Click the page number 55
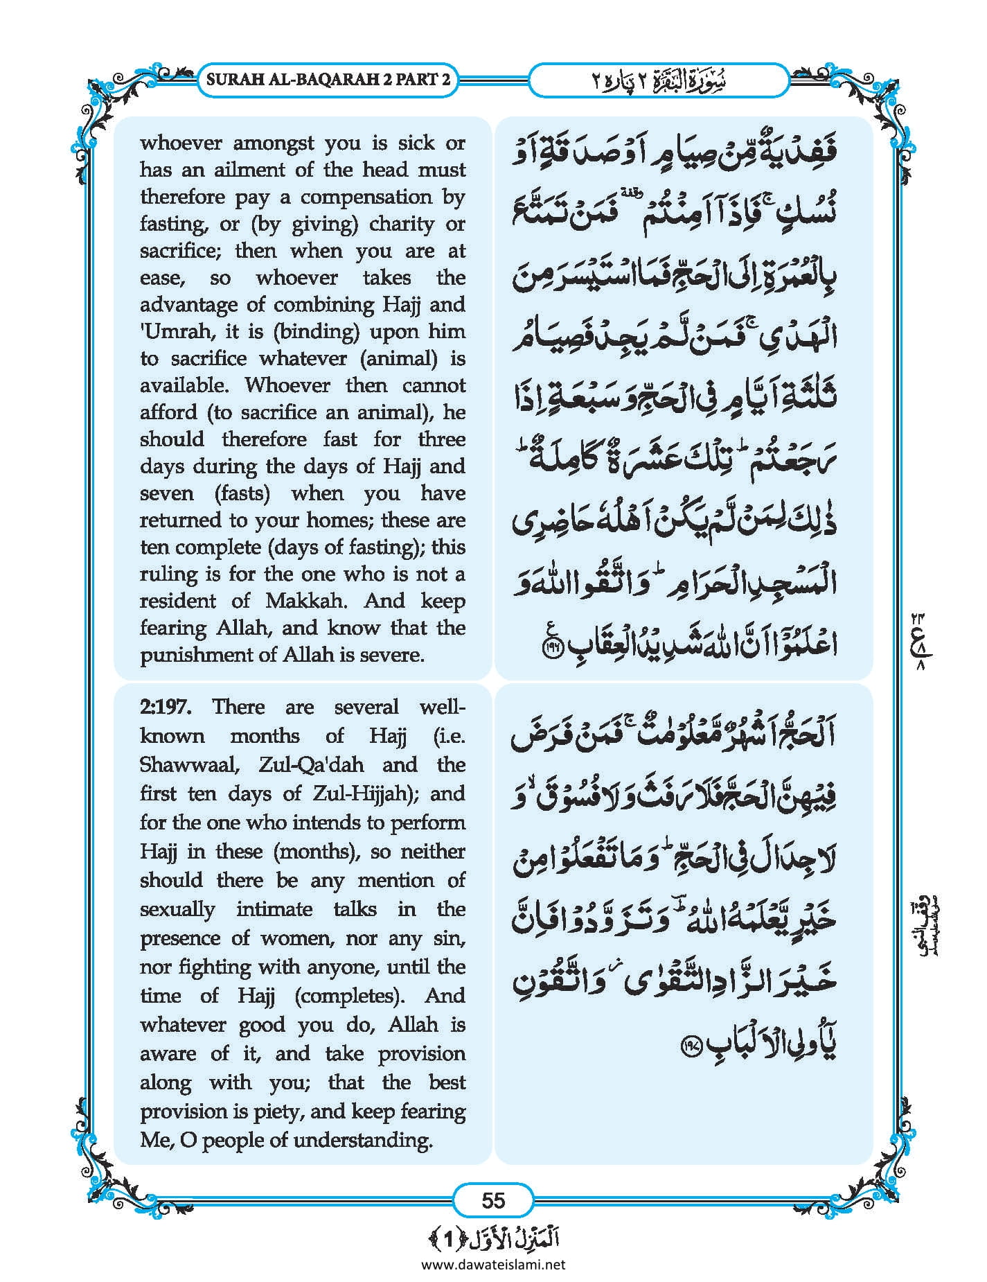coord(492,1200)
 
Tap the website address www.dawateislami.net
coord(493,1264)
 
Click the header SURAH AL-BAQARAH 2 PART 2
coord(328,79)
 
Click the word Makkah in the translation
coord(308,600)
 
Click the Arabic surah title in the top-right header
coord(658,79)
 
